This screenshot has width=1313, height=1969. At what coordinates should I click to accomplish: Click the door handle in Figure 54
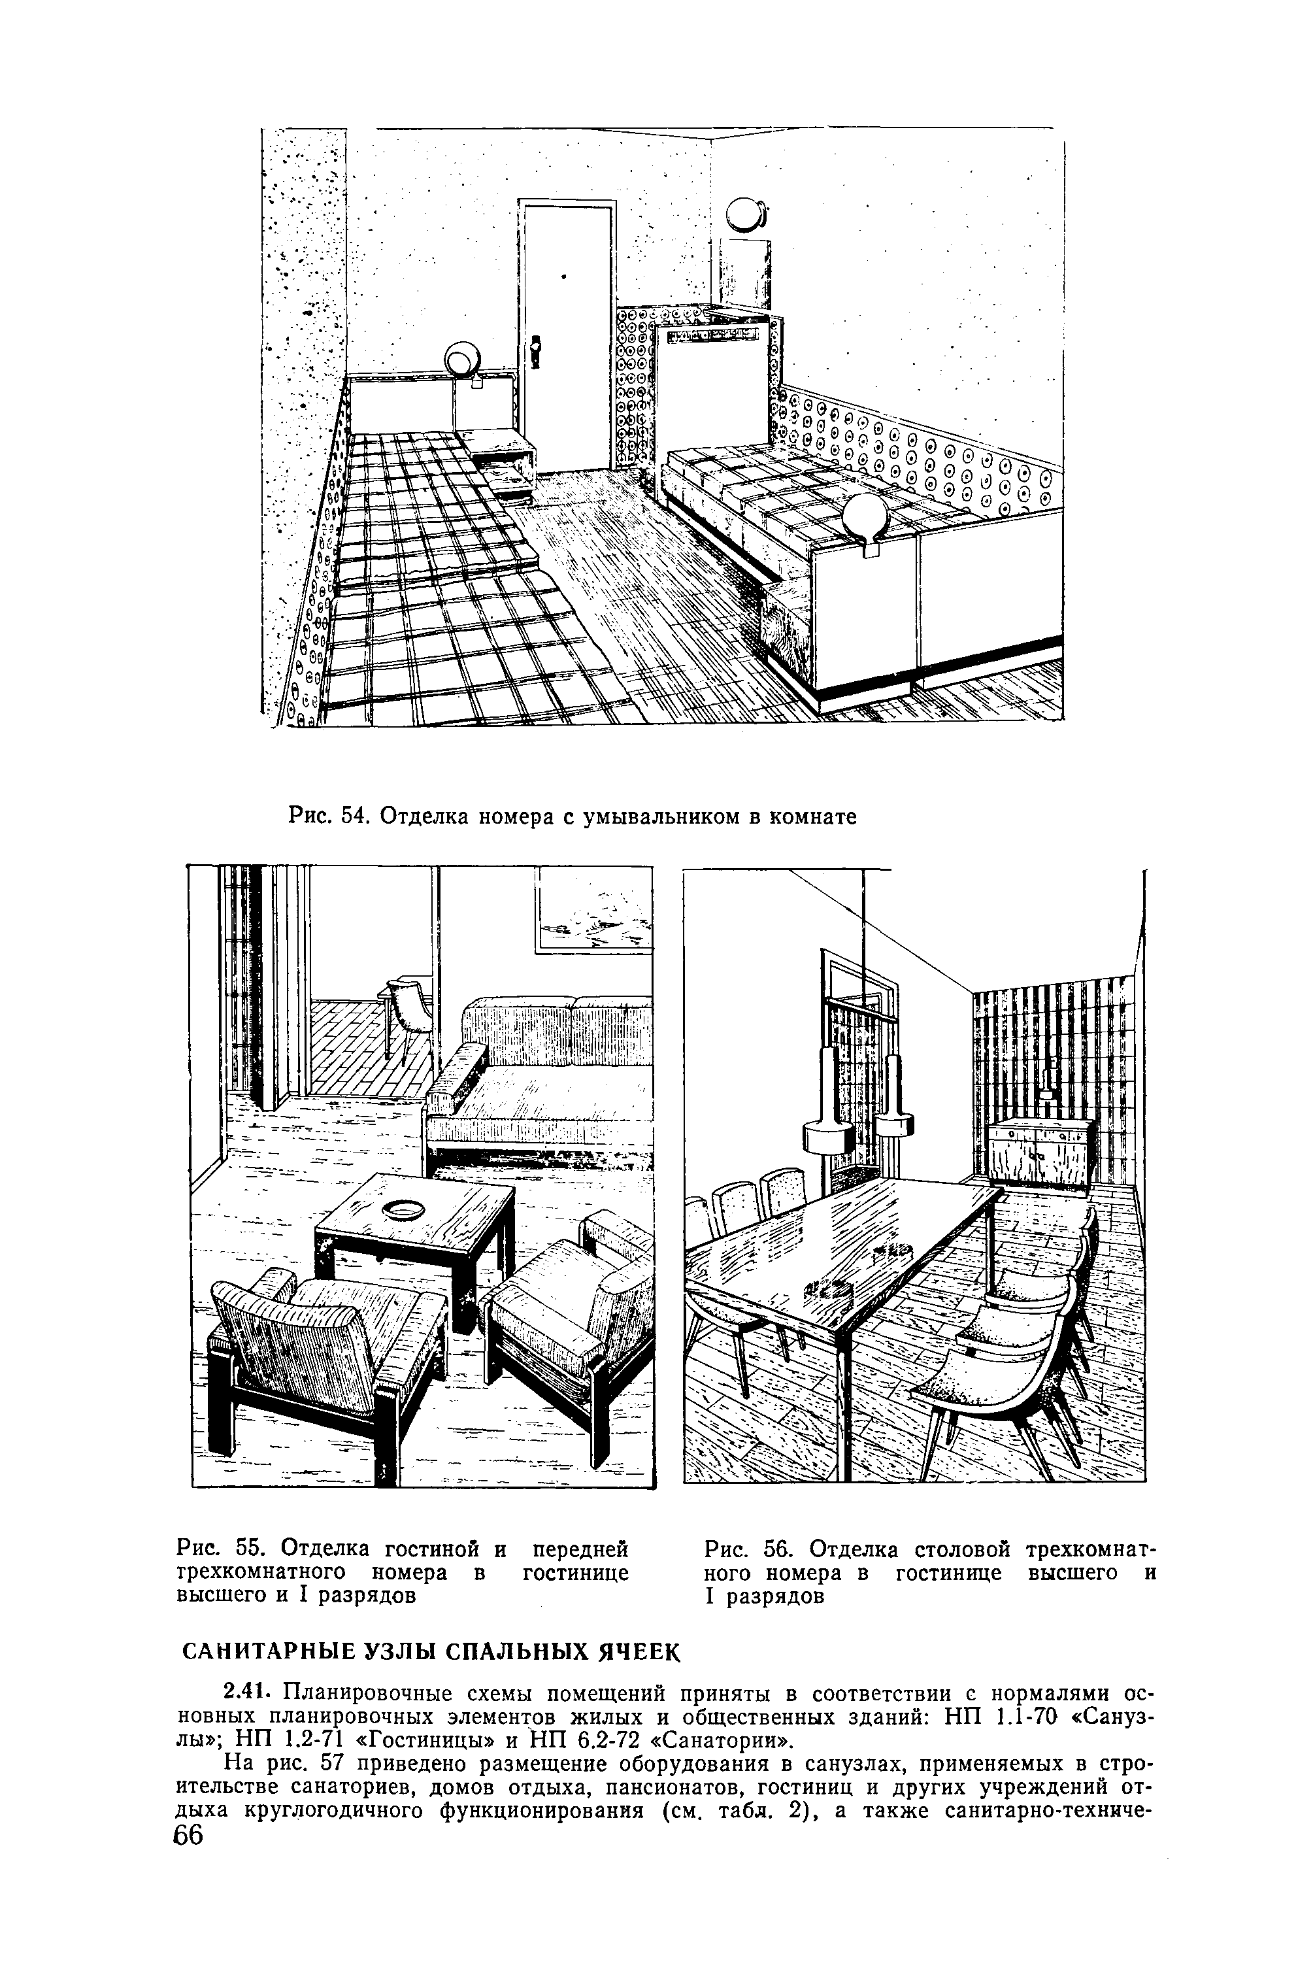coord(537,348)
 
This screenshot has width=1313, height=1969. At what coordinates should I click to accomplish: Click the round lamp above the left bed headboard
coord(461,360)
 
